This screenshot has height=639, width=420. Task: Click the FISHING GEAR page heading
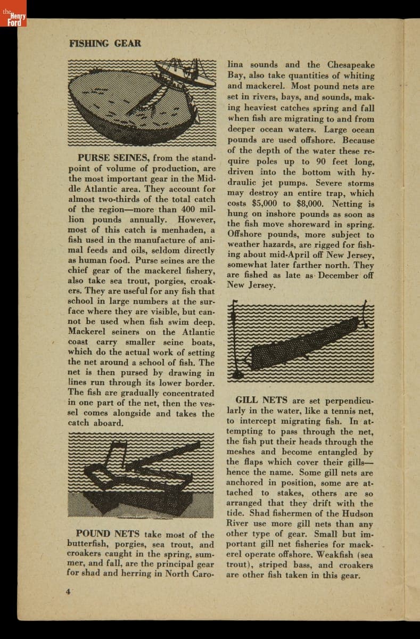pyautogui.click(x=105, y=43)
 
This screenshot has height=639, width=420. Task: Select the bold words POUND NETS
pyautogui.click(x=108, y=534)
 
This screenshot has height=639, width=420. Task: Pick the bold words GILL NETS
pyautogui.click(x=261, y=400)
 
